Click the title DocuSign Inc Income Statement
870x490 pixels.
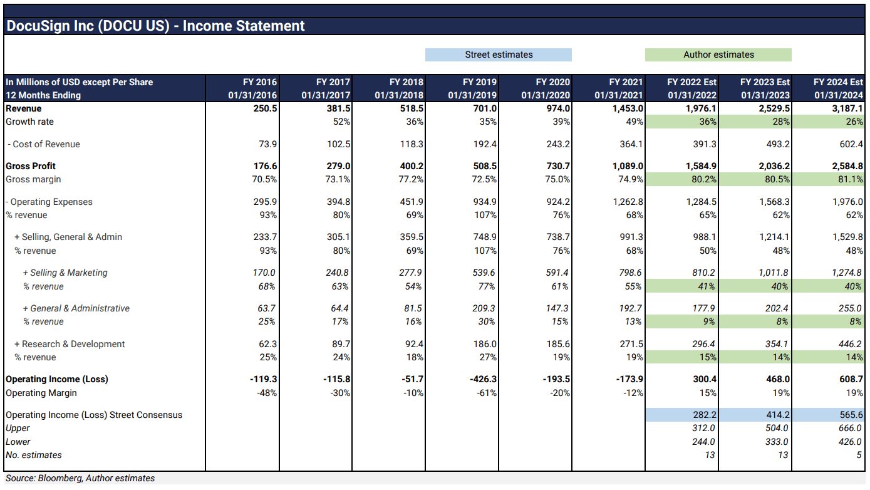point(155,26)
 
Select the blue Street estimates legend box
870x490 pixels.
point(498,55)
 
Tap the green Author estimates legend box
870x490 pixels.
point(718,55)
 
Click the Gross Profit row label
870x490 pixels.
point(31,166)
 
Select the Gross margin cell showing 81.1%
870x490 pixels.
point(850,180)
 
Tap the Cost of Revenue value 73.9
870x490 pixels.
point(267,144)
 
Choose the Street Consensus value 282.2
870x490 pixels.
point(703,415)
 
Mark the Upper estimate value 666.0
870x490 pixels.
point(850,428)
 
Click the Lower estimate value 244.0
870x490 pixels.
point(703,442)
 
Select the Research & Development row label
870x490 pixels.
point(73,344)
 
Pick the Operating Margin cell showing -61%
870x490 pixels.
point(486,393)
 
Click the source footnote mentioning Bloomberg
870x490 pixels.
point(80,478)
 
